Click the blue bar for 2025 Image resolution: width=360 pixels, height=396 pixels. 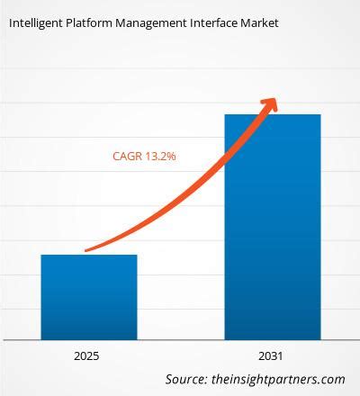[x=88, y=297]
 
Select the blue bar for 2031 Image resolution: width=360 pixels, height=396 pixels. [x=272, y=225]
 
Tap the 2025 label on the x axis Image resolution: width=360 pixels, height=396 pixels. [x=88, y=355]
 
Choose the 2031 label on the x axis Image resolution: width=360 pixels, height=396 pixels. [x=272, y=355]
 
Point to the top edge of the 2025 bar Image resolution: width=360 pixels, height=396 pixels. [x=88, y=255]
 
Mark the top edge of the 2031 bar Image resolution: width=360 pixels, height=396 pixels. [x=272, y=114]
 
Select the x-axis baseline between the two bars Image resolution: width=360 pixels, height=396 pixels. [x=180, y=340]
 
